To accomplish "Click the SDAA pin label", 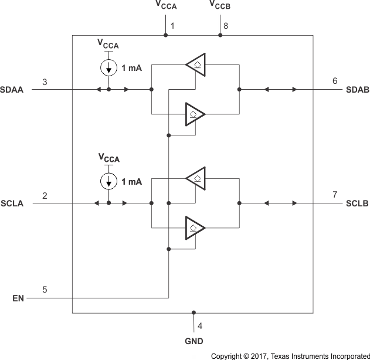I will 12,90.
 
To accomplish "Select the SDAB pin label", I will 357,90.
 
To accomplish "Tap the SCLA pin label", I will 12,203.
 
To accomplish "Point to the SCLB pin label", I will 357,203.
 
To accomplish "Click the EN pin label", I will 18,298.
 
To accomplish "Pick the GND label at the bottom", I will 194,341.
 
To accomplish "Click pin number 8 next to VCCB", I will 226,26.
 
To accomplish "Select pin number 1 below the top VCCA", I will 172,26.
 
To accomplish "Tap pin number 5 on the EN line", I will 45,289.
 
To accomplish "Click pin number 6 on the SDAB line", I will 335,81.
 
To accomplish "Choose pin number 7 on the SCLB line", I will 335,194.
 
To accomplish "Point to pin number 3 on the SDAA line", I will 45,81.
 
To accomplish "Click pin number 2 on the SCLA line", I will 45,194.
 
